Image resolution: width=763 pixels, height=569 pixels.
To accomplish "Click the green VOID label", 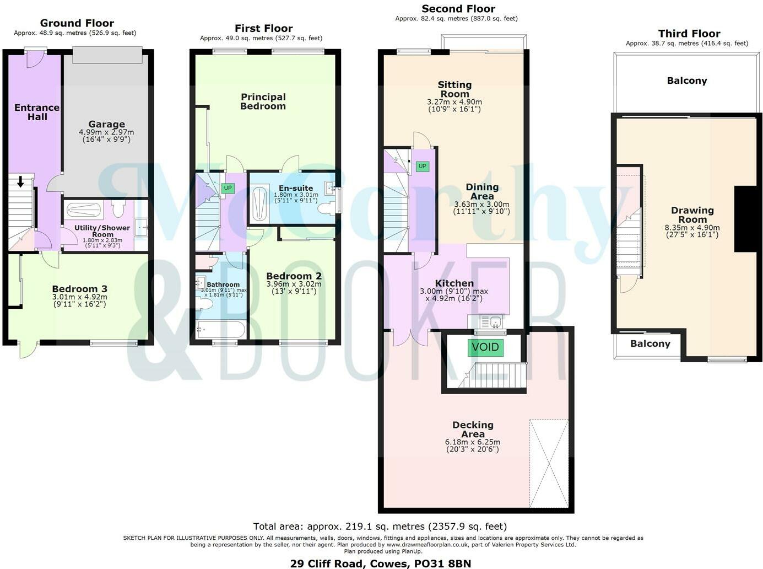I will tap(485, 347).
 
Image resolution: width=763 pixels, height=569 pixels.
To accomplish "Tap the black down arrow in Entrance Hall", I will tap(21, 181).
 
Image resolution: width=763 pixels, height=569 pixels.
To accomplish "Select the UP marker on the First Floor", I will tap(228, 188).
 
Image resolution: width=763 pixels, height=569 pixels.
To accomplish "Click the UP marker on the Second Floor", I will tap(422, 166).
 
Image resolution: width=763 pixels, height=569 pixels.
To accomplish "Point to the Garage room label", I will tap(106, 125).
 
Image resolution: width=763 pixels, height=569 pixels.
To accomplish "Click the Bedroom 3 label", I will tap(80, 289).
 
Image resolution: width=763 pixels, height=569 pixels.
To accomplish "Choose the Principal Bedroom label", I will tap(263, 101).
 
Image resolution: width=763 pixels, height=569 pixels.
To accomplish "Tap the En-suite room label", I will tap(296, 188).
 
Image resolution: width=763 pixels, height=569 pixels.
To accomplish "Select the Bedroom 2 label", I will tap(294, 276).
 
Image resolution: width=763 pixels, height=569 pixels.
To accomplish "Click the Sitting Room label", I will tap(454, 89).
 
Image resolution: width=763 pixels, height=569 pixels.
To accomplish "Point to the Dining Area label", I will tap(482, 191).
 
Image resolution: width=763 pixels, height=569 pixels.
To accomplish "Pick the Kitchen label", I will tap(454, 283).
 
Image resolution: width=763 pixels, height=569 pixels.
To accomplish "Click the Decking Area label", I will tap(473, 430).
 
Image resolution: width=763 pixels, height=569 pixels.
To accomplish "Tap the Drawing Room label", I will tap(692, 214).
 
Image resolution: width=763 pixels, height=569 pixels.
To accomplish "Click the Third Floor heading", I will tap(689, 34).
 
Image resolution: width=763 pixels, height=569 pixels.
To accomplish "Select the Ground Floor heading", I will tap(77, 23).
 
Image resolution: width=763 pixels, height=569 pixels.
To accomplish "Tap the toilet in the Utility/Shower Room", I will tap(118, 209).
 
